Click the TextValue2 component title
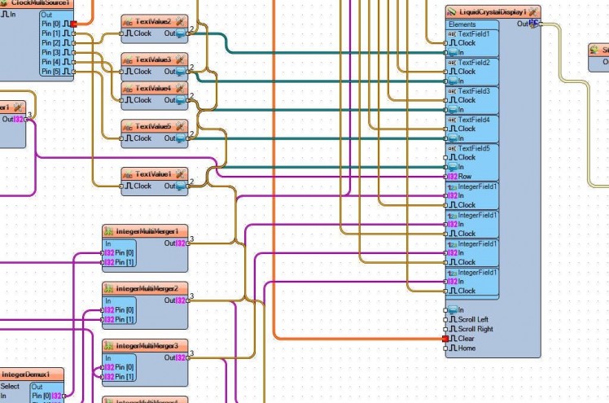point(152,20)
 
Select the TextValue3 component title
point(152,59)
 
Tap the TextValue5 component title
point(152,126)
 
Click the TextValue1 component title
point(152,173)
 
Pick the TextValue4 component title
point(152,88)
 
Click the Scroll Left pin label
point(473,319)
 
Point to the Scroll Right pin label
point(475,329)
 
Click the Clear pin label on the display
point(466,339)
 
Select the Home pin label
point(466,348)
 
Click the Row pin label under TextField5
point(465,177)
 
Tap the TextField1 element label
point(474,34)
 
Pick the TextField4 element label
point(474,120)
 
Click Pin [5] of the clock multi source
point(51,72)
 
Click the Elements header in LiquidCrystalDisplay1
point(462,24)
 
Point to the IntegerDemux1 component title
point(31,375)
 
